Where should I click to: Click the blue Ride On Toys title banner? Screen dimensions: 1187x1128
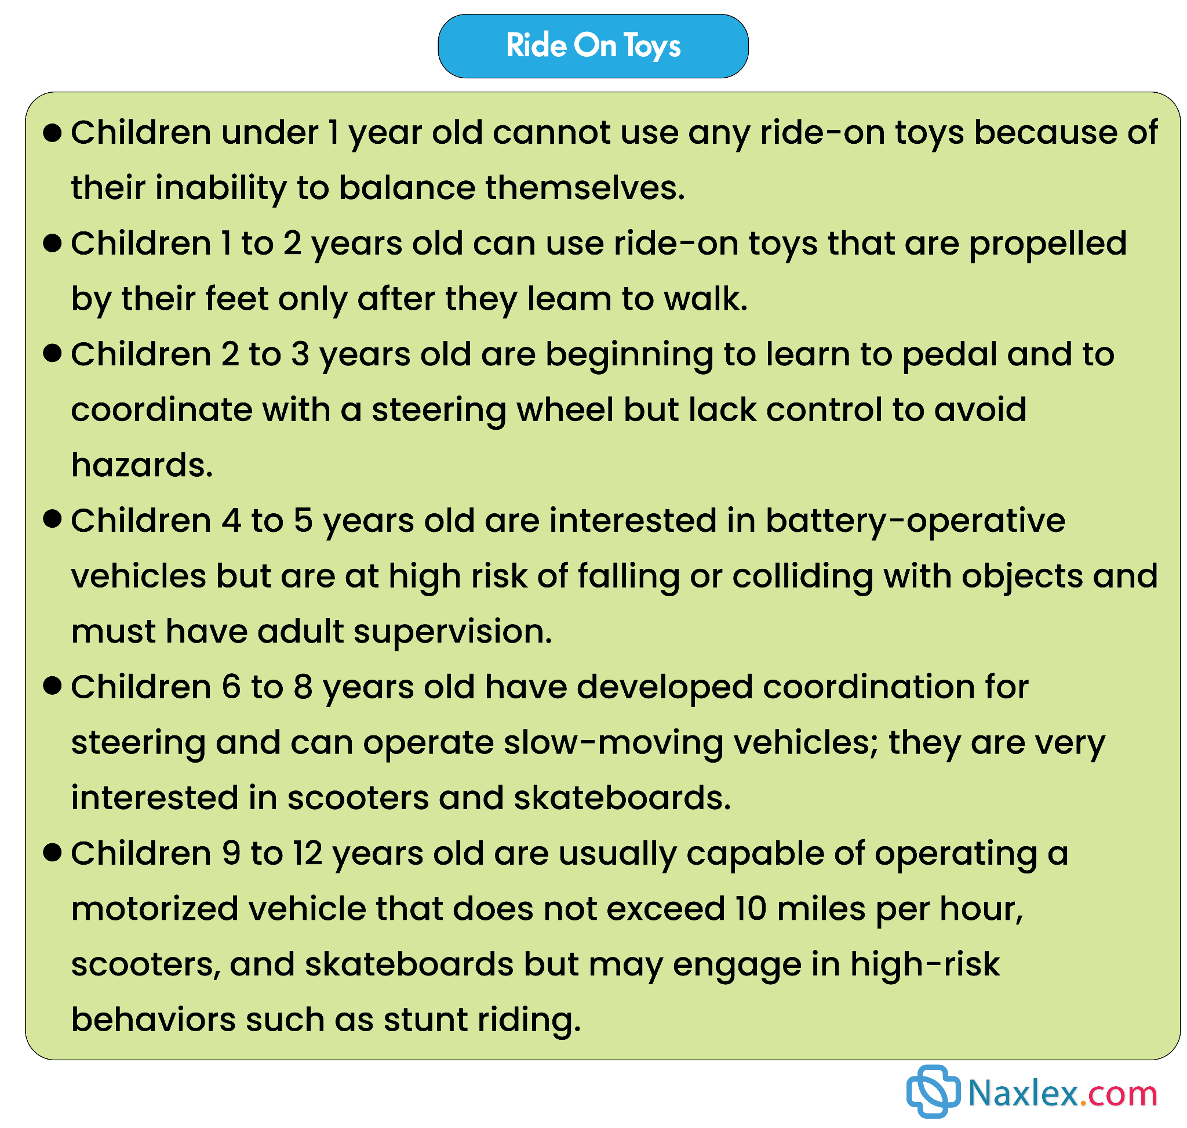(x=592, y=46)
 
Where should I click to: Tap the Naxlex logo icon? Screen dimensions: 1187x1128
(x=933, y=1091)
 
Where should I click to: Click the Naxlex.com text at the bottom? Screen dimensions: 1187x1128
(x=1062, y=1093)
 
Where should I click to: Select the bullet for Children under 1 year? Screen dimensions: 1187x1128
(x=53, y=133)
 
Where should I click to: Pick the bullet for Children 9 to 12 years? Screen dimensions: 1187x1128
(x=53, y=853)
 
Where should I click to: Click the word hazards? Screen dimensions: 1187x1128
(x=142, y=465)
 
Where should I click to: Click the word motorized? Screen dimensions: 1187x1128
(x=154, y=909)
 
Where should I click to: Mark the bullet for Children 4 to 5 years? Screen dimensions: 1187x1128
(x=53, y=520)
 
